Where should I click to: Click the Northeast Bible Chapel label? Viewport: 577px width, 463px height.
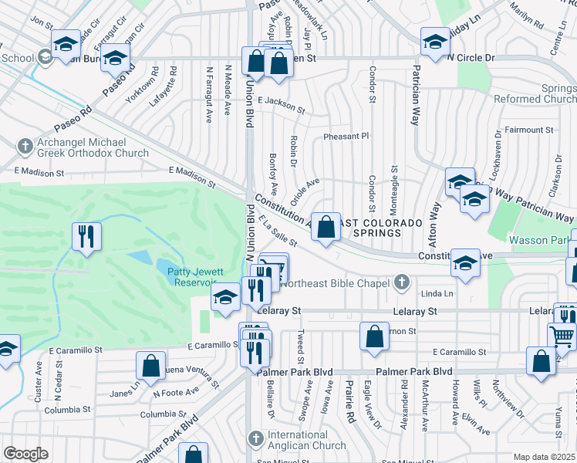point(336,283)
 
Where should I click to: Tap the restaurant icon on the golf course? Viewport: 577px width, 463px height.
point(86,235)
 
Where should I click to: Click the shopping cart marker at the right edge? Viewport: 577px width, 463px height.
point(562,336)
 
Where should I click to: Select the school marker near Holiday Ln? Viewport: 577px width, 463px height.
point(434,41)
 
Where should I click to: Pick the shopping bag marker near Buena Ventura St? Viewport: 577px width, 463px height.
point(151,365)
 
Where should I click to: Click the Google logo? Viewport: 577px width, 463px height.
point(25,454)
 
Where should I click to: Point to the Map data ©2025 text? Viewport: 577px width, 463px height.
point(544,457)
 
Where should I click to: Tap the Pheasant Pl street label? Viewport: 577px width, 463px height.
point(346,136)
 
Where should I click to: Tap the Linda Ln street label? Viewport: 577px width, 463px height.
point(438,294)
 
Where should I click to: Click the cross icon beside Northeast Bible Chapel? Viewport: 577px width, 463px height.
point(401,283)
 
